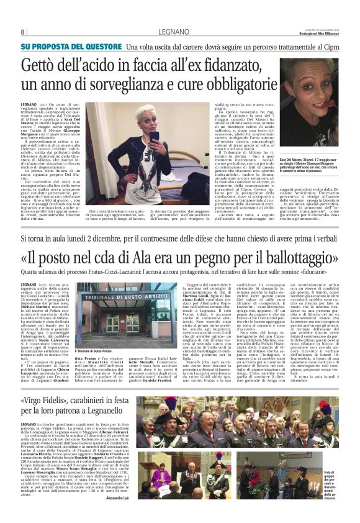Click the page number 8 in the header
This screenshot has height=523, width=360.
click(23, 32)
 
